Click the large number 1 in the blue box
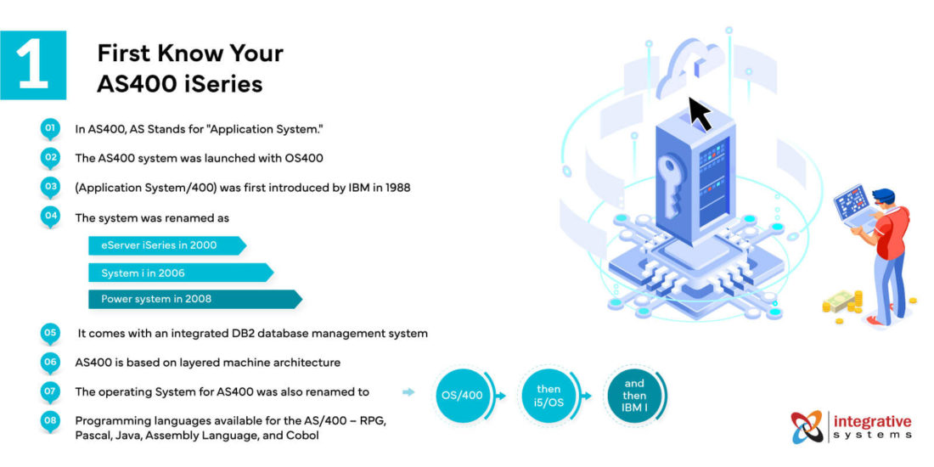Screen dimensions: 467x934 [x=32, y=65]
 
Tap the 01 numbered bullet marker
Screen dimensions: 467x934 [x=50, y=128]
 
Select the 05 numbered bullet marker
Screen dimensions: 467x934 [x=50, y=332]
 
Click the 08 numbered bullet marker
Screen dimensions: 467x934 [x=50, y=420]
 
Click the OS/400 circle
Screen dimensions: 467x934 [x=463, y=397]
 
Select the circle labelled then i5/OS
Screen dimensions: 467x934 [x=548, y=397]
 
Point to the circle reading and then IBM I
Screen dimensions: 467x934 [x=634, y=396]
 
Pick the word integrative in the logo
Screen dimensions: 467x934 [x=873, y=421]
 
